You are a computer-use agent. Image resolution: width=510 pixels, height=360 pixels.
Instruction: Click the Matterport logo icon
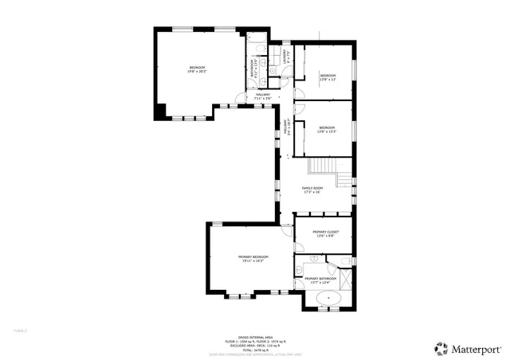440,348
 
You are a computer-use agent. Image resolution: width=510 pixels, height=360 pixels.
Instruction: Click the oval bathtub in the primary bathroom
329,299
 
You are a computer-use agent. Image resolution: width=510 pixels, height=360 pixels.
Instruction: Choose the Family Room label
311,190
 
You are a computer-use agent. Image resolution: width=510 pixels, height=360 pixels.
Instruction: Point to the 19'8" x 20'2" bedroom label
197,69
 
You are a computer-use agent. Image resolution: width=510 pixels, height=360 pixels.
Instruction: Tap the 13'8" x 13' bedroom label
328,77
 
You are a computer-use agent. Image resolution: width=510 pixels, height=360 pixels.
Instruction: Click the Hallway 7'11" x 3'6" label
262,96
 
